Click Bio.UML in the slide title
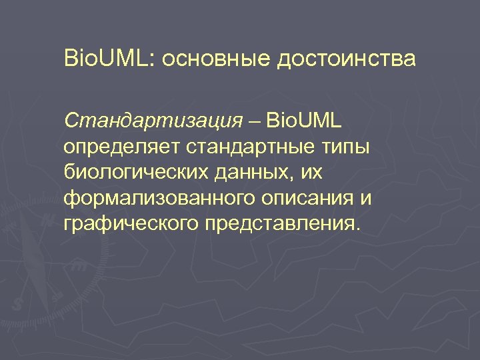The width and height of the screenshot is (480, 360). (x=107, y=59)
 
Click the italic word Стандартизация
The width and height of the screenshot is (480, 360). (x=153, y=121)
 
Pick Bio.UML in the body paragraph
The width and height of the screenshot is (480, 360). (x=304, y=121)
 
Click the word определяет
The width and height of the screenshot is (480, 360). (x=121, y=147)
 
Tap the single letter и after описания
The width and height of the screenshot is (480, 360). (x=365, y=198)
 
